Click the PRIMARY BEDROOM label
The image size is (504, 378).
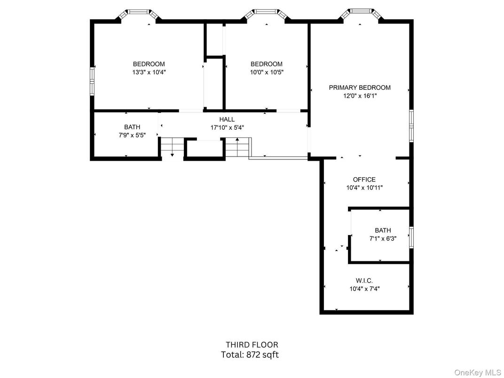pos(360,87)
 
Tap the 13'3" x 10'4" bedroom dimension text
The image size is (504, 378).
pos(149,72)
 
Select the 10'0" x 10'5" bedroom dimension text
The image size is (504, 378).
pos(266,72)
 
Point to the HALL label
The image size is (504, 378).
pos(227,119)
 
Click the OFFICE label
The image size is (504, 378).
pos(364,179)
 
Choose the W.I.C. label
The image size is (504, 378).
pos(364,281)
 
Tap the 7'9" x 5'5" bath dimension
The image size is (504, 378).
pos(132,135)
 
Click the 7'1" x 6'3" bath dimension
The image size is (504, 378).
pos(383,238)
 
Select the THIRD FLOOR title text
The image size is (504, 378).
pos(252,345)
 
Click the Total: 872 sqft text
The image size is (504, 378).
pos(250,355)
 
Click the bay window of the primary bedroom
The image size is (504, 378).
pos(360,13)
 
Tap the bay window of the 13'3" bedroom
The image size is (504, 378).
pos(138,13)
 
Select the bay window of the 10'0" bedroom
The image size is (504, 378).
pos(266,13)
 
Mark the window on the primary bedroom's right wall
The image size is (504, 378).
pos(411,125)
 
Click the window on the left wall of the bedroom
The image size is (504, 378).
pos(92,82)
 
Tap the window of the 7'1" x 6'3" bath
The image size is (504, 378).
pos(411,237)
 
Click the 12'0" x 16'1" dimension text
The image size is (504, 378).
pos(360,96)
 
